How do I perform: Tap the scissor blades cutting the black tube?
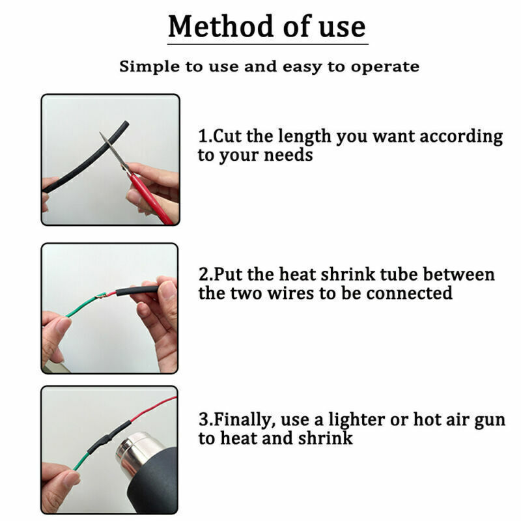(110, 147)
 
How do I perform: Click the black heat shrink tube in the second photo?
(137, 290)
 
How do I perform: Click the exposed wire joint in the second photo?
(101, 296)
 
